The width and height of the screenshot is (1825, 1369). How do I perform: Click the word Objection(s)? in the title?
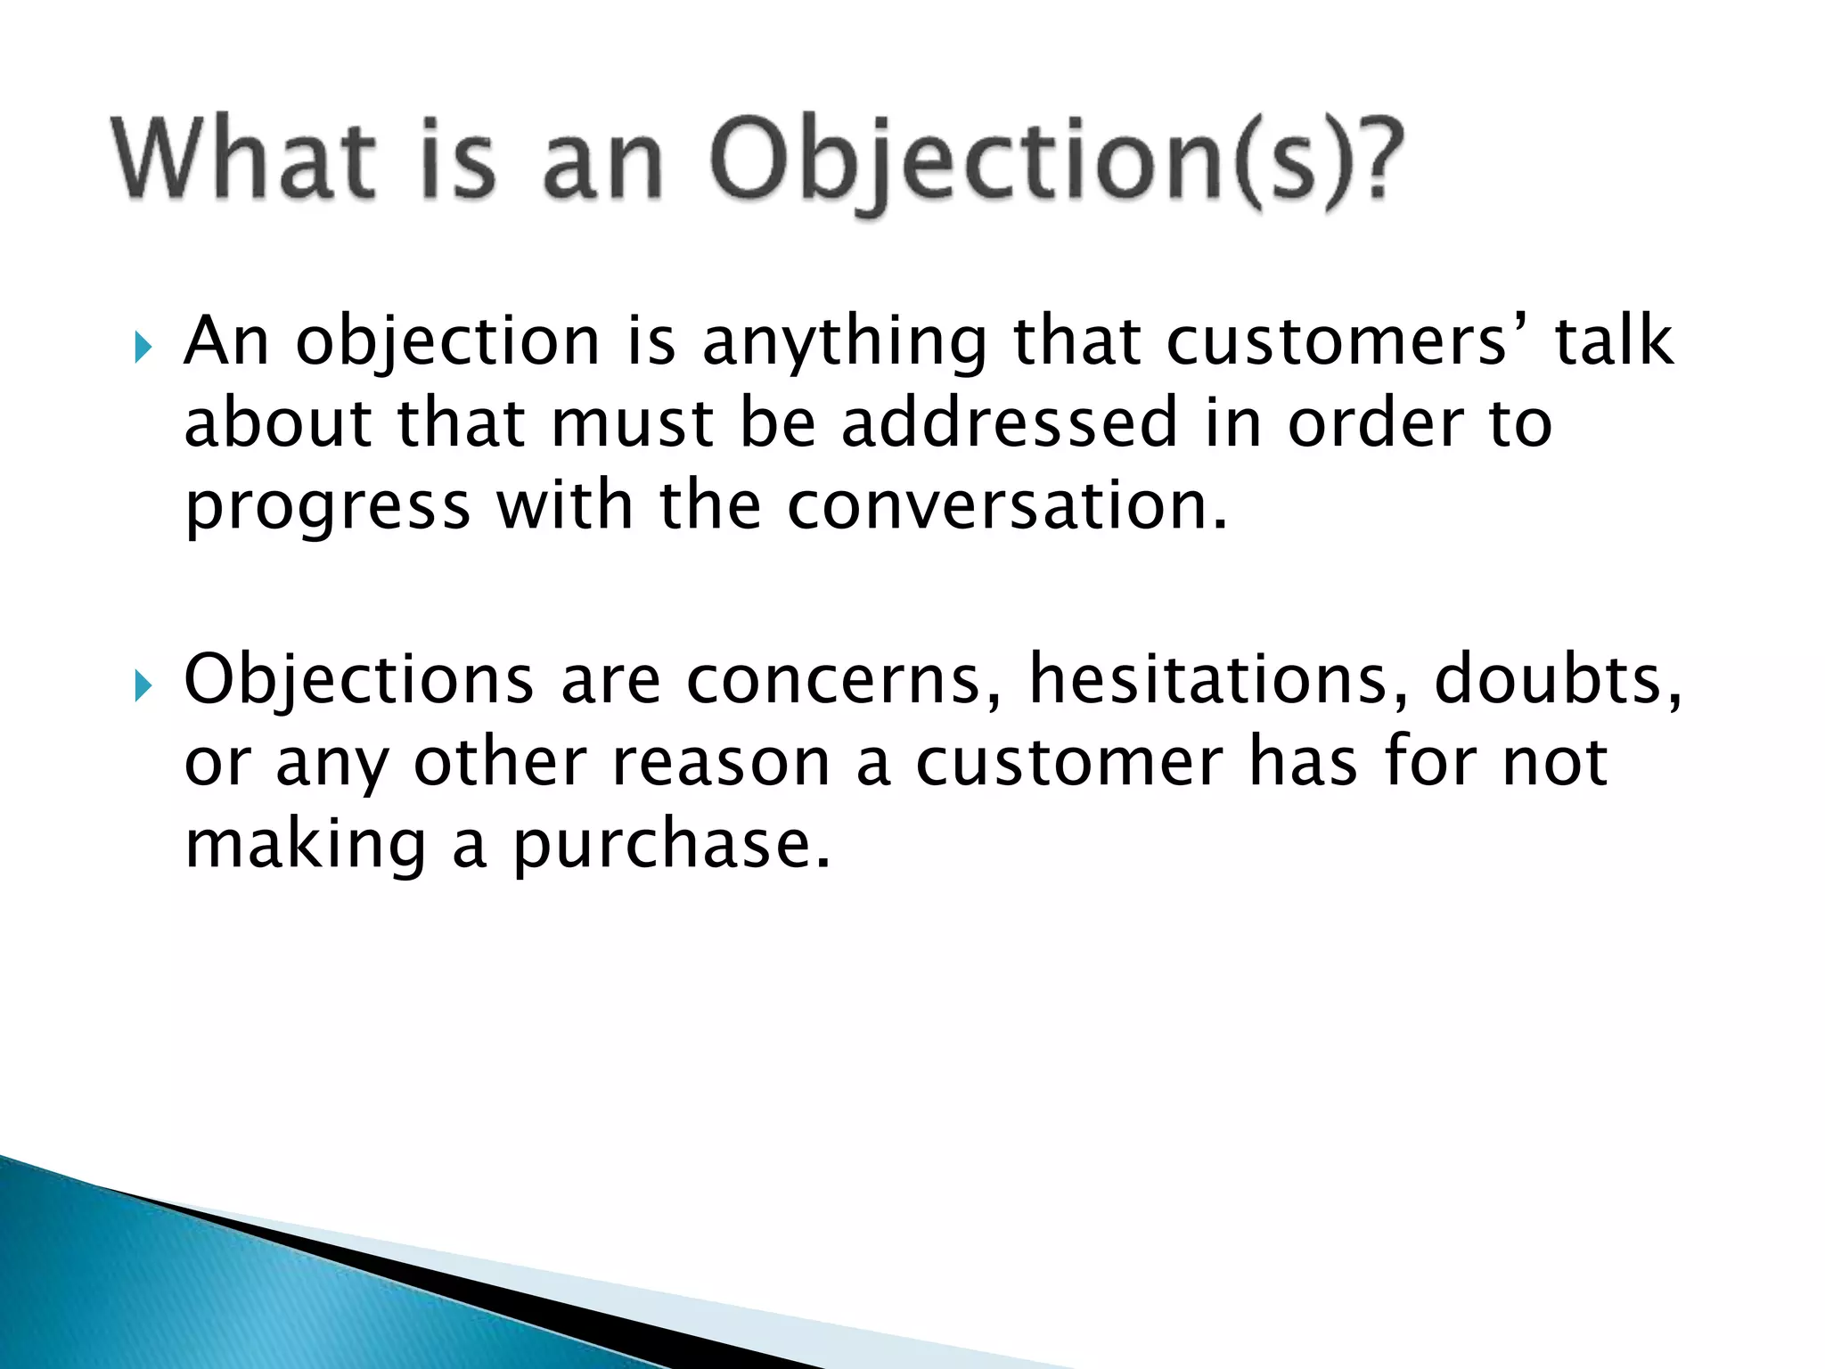coord(1056,162)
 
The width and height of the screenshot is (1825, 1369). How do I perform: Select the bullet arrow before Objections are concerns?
coord(143,686)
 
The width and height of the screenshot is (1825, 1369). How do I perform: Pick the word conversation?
coord(1007,505)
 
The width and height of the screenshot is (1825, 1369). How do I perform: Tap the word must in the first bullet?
coord(632,424)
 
